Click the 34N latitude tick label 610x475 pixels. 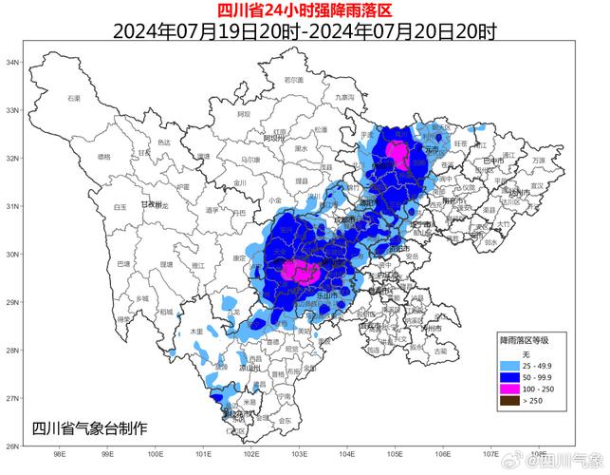point(13,62)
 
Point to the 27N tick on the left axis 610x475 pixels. point(13,398)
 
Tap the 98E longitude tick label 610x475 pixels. point(59,454)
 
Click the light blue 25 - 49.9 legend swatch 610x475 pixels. point(510,366)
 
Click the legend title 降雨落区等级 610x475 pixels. point(532,339)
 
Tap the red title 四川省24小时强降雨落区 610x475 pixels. point(304,10)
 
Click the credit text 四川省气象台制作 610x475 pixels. point(89,427)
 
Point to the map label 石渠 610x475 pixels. point(74,98)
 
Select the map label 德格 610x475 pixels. point(104,157)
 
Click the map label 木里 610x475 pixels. point(196,331)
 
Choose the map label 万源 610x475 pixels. point(539,161)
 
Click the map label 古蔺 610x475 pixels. point(439,351)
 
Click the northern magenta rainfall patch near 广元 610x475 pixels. point(399,154)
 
